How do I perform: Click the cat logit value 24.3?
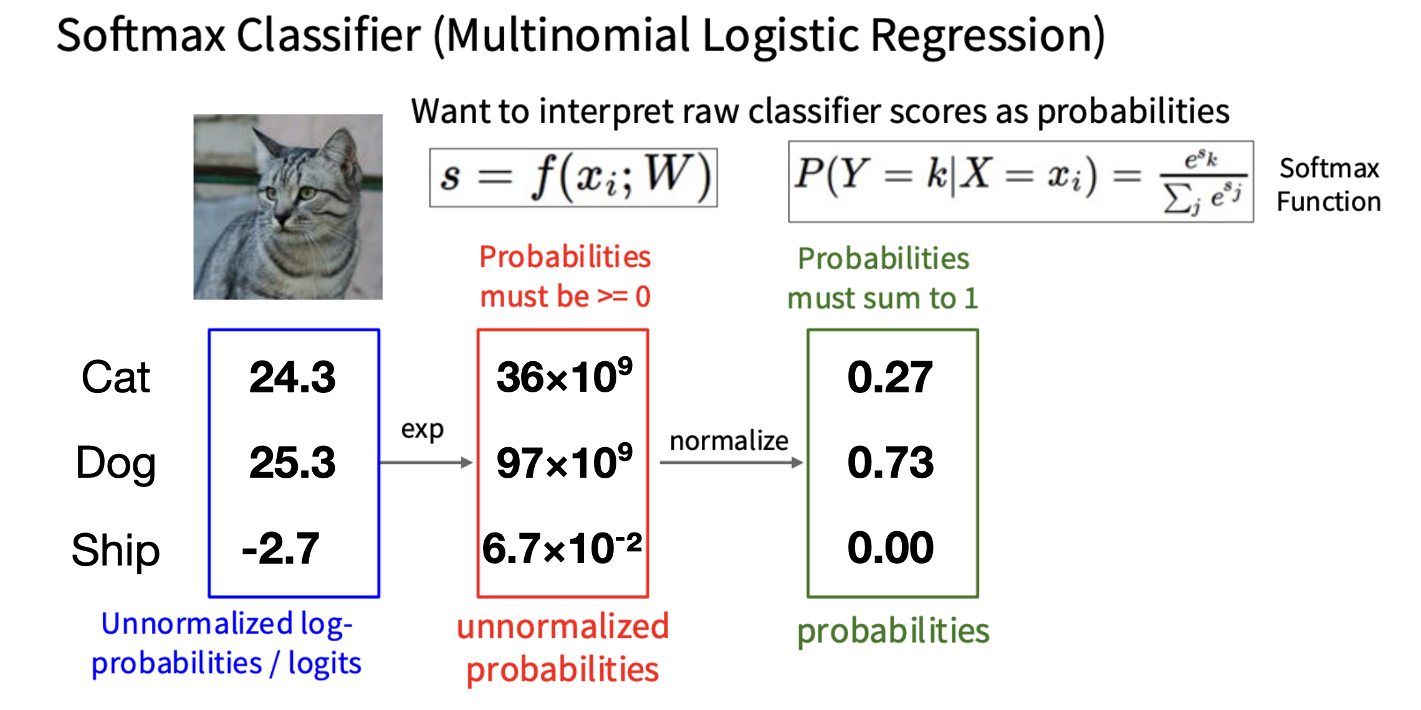(292, 377)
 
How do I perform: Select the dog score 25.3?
(292, 463)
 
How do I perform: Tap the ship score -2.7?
(280, 549)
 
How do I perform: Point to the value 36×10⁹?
(564, 376)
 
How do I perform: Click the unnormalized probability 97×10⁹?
(564, 462)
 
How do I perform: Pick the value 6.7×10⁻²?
(562, 547)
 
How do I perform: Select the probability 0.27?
(890, 377)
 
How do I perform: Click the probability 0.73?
(890, 463)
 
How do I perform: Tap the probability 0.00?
(890, 548)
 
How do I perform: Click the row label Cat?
(116, 377)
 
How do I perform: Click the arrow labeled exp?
(426, 462)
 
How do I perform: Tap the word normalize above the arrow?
(729, 441)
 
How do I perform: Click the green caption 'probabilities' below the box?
(893, 632)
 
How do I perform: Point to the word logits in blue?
(325, 664)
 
